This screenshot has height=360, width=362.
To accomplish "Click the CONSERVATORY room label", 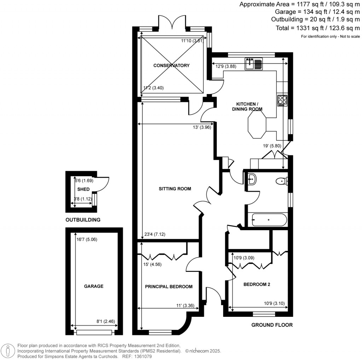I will tap(171, 65).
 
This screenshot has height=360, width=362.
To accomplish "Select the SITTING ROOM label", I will tap(175, 189).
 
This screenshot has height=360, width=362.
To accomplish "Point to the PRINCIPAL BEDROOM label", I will tap(169, 286).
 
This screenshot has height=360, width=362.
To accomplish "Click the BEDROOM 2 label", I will tap(257, 284).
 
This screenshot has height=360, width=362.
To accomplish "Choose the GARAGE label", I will tap(94, 286).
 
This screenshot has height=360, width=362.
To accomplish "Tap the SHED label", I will tap(83, 189).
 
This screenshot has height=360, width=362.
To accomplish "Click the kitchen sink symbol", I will tap(253, 64).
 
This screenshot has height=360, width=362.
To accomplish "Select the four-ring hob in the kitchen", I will tap(283, 100).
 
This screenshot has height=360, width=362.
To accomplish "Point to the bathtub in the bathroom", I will tap(269, 220).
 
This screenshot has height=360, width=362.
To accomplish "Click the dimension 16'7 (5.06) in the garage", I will tap(87, 239).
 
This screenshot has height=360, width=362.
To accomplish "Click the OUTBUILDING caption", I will tap(83, 220).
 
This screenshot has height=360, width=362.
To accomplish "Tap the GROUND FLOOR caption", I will tap(272, 325).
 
